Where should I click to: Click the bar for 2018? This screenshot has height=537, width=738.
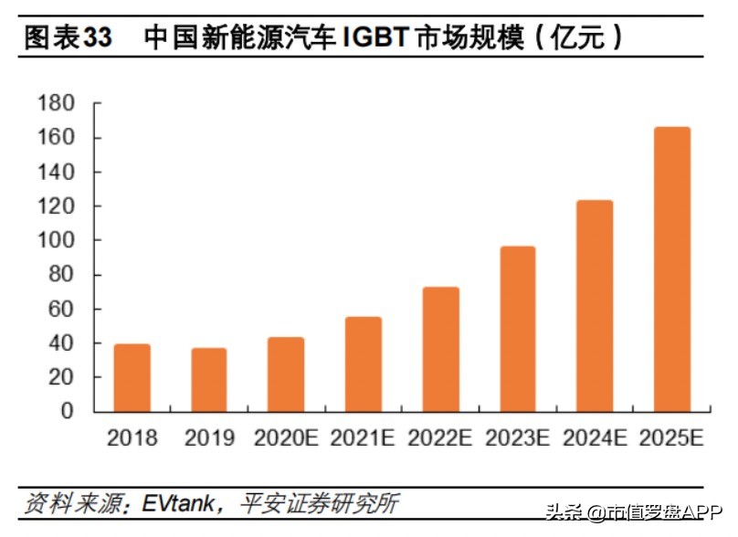[132, 377]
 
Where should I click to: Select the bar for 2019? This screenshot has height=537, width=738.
[209, 379]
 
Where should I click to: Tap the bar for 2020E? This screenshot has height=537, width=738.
[286, 374]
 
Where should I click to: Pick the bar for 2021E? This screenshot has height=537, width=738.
[364, 363]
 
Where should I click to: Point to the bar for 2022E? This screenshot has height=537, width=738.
[440, 349]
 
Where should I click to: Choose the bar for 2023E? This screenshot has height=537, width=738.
[518, 329]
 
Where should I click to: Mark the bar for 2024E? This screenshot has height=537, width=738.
[595, 306]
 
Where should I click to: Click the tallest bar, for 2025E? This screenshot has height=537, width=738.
[672, 269]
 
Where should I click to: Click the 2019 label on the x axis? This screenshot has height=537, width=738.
[209, 438]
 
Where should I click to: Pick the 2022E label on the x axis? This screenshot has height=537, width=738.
[440, 438]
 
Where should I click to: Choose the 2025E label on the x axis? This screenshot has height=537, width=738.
[672, 438]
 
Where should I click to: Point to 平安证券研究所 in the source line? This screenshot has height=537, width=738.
[319, 503]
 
